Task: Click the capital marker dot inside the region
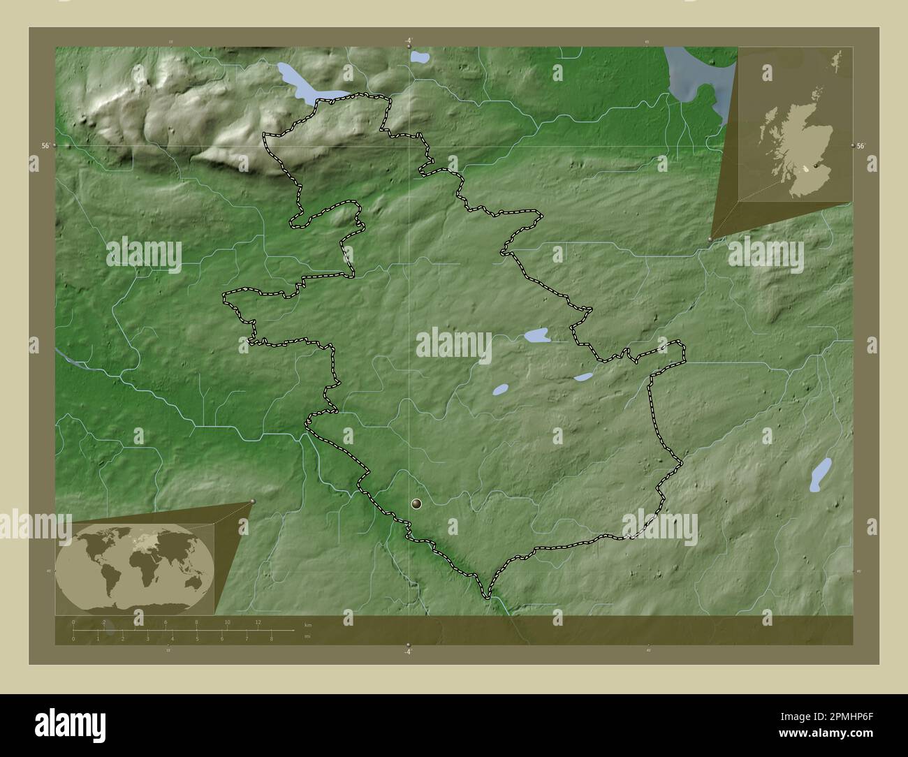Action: click(x=418, y=504)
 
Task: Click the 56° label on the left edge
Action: click(x=45, y=146)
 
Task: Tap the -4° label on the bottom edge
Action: click(x=408, y=652)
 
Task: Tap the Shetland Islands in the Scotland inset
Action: click(x=837, y=60)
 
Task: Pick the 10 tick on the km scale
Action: click(x=227, y=622)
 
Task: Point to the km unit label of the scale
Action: click(x=308, y=623)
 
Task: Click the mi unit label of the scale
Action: click(x=307, y=636)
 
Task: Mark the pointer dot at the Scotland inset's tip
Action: click(x=711, y=240)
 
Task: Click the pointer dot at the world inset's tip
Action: click(x=253, y=501)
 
